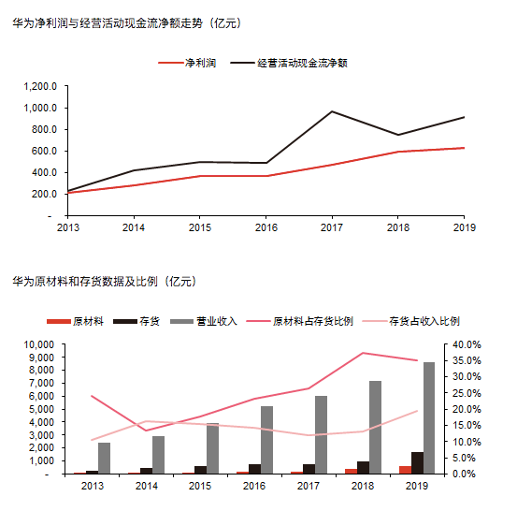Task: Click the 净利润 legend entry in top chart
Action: pyautogui.click(x=187, y=63)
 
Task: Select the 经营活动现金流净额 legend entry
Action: pyautogui.click(x=289, y=63)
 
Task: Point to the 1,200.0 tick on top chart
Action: pyautogui.click(x=40, y=86)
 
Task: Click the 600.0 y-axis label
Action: pyautogui.click(x=44, y=151)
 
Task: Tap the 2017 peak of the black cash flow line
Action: pyautogui.click(x=332, y=111)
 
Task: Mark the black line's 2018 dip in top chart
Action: pyautogui.click(x=398, y=135)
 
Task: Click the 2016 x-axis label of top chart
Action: pyautogui.click(x=266, y=227)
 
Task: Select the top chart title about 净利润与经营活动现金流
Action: pyautogui.click(x=127, y=23)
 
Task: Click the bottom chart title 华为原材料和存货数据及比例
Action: pyautogui.click(x=104, y=282)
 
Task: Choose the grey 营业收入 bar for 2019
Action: pyautogui.click(x=429, y=418)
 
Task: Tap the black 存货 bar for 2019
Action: pyautogui.click(x=417, y=463)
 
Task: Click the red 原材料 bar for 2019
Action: pyautogui.click(x=405, y=470)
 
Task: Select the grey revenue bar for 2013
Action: pyautogui.click(x=104, y=459)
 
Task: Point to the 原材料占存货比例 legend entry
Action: pyautogui.click(x=300, y=321)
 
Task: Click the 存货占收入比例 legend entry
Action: pyautogui.click(x=410, y=321)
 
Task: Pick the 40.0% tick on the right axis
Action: pyautogui.click(x=467, y=344)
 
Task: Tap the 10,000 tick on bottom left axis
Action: pyautogui.click(x=38, y=344)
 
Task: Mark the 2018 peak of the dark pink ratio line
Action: pyautogui.click(x=363, y=353)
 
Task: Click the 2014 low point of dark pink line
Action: pyautogui.click(x=146, y=431)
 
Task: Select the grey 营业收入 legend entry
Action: pyautogui.click(x=204, y=321)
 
